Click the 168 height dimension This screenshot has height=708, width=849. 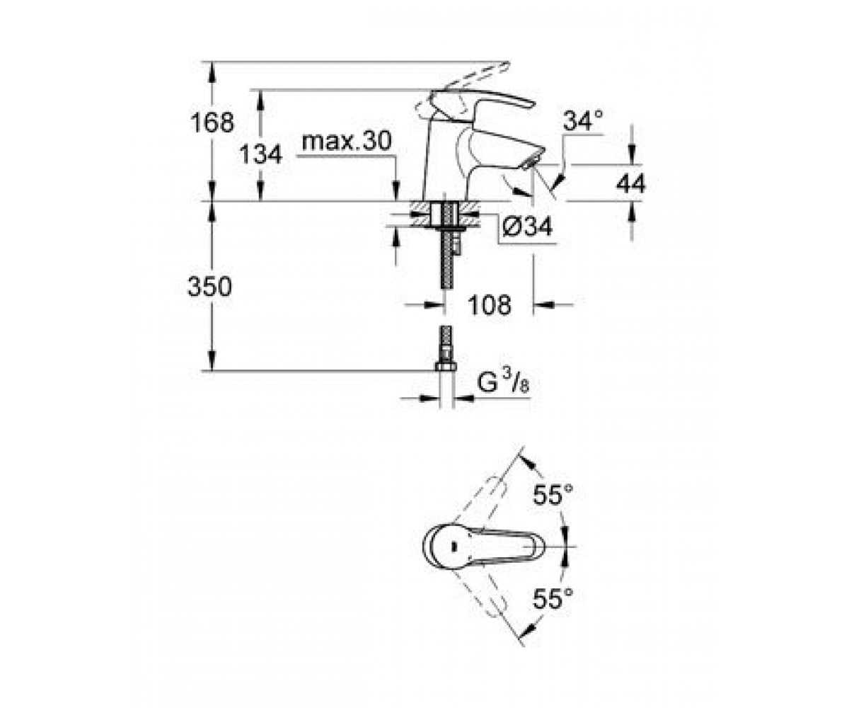[x=212, y=122]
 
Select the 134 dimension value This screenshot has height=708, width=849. [x=260, y=154]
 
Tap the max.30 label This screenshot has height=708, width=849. [x=347, y=141]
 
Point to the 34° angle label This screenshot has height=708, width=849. [x=583, y=120]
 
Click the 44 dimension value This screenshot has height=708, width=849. [x=630, y=183]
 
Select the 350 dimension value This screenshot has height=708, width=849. [x=210, y=286]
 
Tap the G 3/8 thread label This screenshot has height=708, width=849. [x=503, y=382]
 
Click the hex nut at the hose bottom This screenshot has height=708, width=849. [x=446, y=367]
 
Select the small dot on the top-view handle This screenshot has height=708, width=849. [x=453, y=547]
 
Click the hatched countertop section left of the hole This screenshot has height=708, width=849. [x=421, y=213]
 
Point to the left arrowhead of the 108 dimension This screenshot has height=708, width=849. [x=434, y=304]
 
